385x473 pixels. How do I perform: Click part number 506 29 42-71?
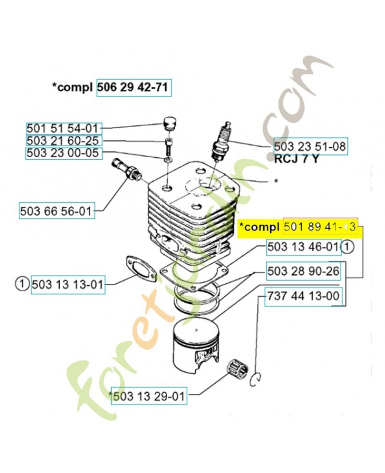tap(133, 88)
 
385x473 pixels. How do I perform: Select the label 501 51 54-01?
tap(63, 128)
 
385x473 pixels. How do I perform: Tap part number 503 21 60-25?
tap(63, 141)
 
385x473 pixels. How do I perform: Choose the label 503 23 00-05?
tap(63, 154)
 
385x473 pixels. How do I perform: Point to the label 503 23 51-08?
tap(310, 146)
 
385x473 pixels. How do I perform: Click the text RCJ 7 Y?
tap(296, 159)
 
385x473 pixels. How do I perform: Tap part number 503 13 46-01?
tap(304, 247)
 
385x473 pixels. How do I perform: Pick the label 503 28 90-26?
tap(304, 271)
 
